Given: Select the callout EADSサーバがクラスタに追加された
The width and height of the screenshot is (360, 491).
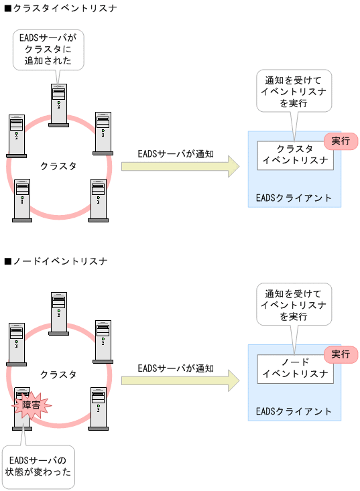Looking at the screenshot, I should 48,48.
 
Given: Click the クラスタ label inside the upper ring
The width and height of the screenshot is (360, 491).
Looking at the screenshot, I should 58,165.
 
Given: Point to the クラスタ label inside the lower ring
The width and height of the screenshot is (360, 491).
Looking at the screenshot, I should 58,374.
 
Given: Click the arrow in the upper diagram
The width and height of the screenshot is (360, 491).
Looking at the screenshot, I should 180,166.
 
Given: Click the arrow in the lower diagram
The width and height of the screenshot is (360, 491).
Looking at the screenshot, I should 180,380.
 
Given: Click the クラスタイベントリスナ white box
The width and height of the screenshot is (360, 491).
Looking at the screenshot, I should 295,155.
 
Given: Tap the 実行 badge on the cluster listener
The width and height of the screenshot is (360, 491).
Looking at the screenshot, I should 341,141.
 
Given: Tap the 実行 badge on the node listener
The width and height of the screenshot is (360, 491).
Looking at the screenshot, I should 341,354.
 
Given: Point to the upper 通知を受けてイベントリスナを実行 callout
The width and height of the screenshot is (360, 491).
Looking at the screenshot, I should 294,91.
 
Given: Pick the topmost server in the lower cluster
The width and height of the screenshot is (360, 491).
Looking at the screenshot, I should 59,312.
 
